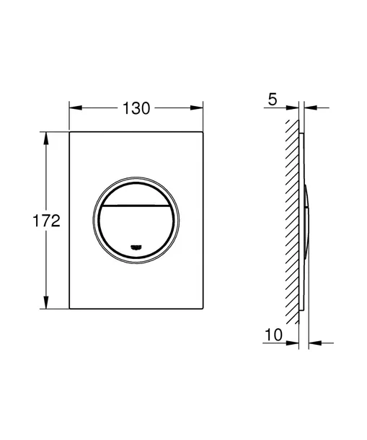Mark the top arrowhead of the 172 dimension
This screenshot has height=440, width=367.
click(48, 136)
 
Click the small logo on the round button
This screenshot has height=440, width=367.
click(135, 248)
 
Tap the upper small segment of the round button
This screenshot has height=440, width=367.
click(135, 191)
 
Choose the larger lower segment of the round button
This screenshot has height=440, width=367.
click(135, 227)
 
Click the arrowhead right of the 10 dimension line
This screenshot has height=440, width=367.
click(313, 342)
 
